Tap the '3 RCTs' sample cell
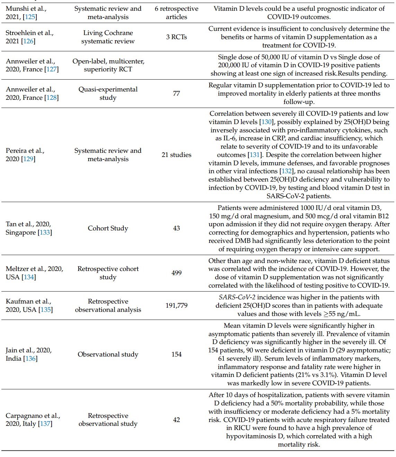tap(176, 37)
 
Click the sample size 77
tap(176, 94)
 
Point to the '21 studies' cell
tap(176, 155)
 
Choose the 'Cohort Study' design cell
tap(108, 228)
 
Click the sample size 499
tap(176, 273)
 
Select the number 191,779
tap(176, 306)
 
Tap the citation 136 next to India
tap(30, 359)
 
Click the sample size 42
tap(176, 420)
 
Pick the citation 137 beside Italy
tap(45, 424)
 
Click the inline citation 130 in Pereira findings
tap(266, 122)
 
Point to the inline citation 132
tap(286, 172)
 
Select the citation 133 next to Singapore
tap(45, 232)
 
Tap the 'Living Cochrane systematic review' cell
tap(108, 37)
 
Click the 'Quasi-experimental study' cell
tap(108, 94)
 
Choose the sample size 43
tap(176, 228)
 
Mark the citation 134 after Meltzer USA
tap(28, 277)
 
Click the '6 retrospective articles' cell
tap(176, 13)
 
